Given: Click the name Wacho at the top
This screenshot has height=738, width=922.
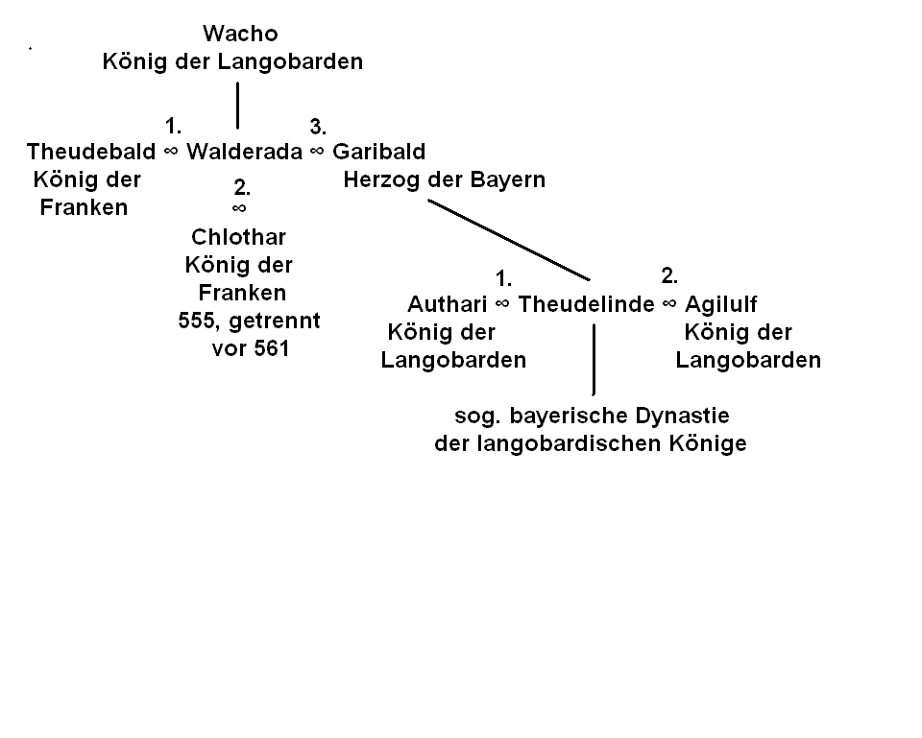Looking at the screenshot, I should (240, 35).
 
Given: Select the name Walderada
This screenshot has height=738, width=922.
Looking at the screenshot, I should (244, 152).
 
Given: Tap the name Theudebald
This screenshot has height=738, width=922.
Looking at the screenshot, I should (91, 152).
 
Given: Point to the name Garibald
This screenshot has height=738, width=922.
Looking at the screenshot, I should (378, 152).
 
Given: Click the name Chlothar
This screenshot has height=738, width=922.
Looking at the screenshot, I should (238, 237).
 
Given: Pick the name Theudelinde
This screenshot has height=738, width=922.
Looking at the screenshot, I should (586, 304).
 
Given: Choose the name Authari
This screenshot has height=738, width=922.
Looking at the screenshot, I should (449, 304).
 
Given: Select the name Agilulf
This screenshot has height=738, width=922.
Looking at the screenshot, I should (721, 304).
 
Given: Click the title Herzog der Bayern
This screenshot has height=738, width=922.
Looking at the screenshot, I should (444, 179).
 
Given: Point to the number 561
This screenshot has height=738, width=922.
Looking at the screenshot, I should (271, 349).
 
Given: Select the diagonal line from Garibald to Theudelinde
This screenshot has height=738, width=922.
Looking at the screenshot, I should (509, 240).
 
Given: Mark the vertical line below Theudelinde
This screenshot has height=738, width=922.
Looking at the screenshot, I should (594, 359).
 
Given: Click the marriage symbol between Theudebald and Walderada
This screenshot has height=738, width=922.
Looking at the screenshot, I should (171, 152).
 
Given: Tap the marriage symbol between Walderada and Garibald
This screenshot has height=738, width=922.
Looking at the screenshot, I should (317, 152).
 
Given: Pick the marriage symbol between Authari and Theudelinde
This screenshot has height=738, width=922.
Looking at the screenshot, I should (503, 304).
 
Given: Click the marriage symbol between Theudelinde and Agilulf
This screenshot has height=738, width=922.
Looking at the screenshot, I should (669, 304).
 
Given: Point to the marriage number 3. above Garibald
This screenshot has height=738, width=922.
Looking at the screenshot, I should (318, 127).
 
